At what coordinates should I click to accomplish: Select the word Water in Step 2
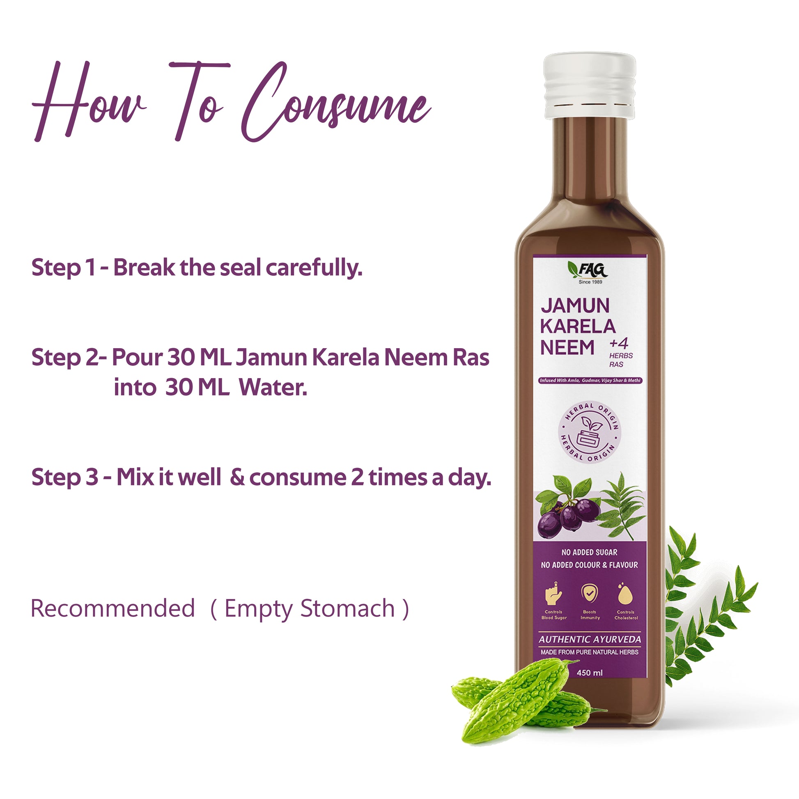[273, 388]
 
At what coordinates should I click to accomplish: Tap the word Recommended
[113, 608]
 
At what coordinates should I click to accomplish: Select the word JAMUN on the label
[575, 306]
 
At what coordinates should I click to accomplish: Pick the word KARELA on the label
[578, 326]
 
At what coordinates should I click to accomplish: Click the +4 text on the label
[619, 344]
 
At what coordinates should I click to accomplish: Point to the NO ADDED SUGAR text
[589, 552]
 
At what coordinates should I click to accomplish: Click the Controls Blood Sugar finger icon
[554, 594]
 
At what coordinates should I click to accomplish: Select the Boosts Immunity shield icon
[589, 593]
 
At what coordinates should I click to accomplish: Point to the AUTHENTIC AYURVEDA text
[590, 639]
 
